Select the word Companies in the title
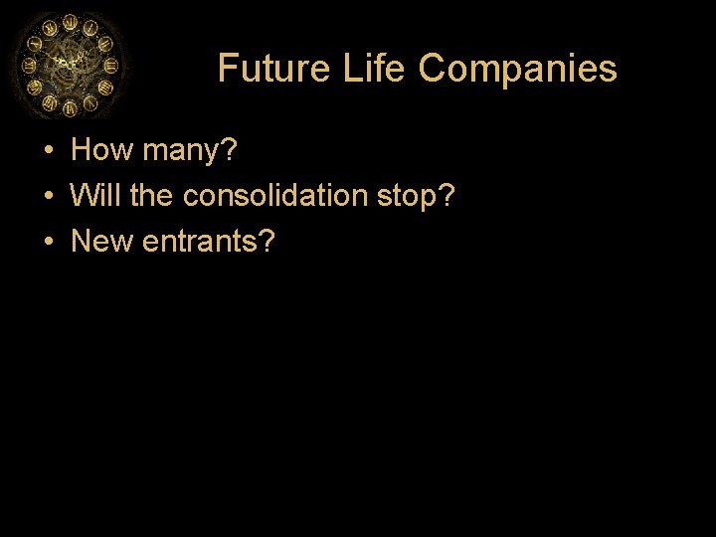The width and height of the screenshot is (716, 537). (x=517, y=69)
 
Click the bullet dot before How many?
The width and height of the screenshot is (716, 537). (x=48, y=151)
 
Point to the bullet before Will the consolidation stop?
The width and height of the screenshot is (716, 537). (x=48, y=196)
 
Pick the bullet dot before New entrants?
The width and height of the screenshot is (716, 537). (x=48, y=241)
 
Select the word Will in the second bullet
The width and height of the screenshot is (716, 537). (x=95, y=195)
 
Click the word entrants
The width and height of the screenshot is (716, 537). (x=202, y=241)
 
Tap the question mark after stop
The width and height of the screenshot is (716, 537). (x=447, y=195)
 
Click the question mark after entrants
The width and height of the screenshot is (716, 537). (x=268, y=240)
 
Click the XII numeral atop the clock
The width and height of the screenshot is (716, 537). (x=70, y=22)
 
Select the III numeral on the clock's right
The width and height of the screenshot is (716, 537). (x=110, y=65)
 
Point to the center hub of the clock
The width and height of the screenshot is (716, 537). (x=68, y=64)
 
